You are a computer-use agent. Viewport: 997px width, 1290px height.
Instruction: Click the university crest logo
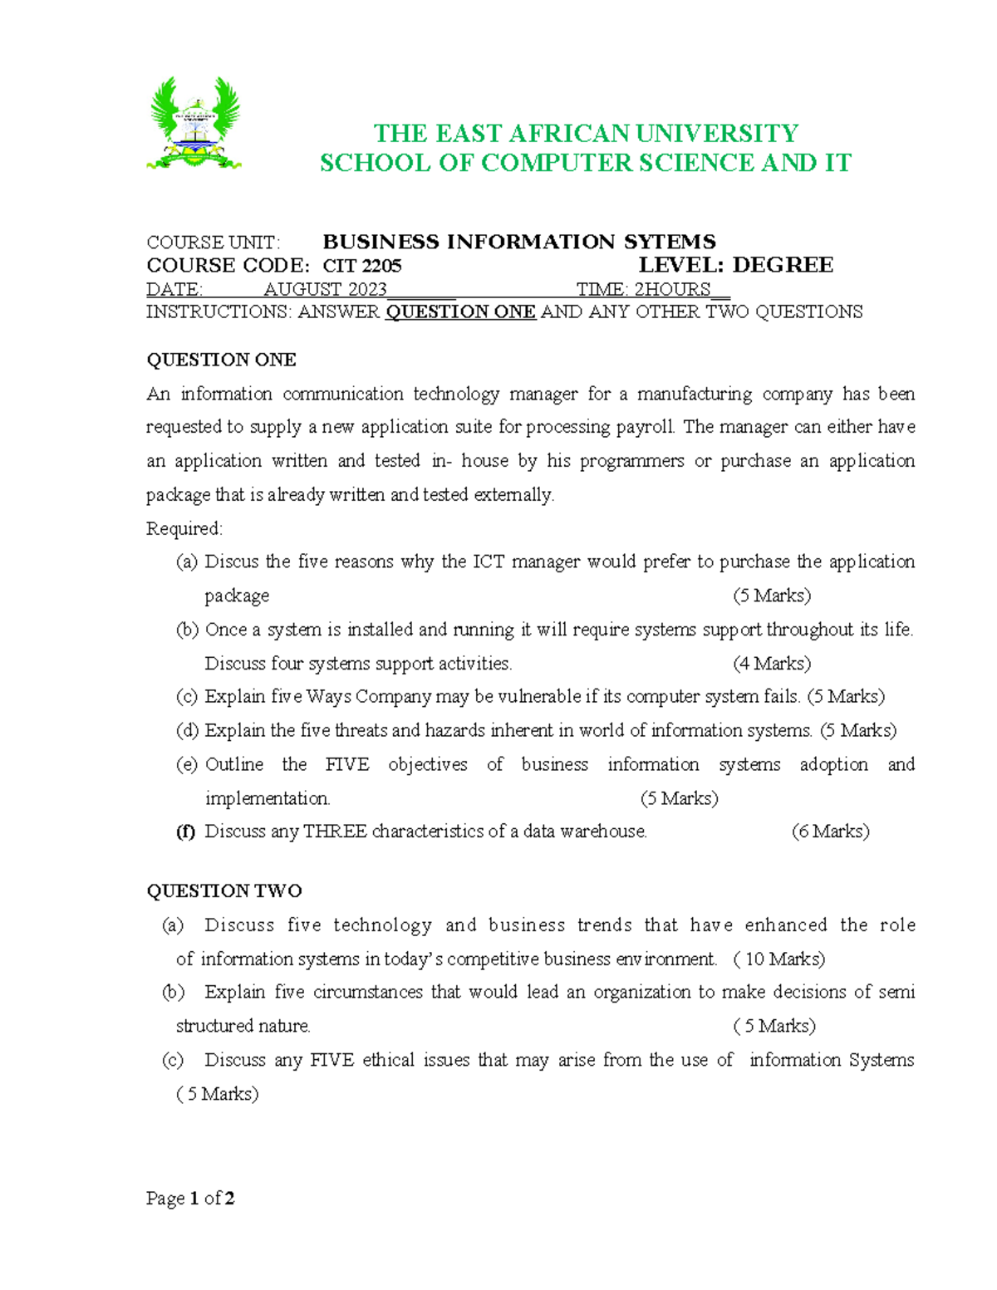pyautogui.click(x=194, y=124)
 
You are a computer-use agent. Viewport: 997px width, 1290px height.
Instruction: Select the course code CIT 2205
pyautogui.click(x=362, y=266)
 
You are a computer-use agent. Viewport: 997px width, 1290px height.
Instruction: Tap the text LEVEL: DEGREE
pyautogui.click(x=735, y=266)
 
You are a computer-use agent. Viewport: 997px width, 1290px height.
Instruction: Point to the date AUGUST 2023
pyautogui.click(x=325, y=289)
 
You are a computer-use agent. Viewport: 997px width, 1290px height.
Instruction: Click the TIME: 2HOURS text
pyautogui.click(x=644, y=289)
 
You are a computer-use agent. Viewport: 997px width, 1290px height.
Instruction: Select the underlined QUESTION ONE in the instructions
pyautogui.click(x=460, y=312)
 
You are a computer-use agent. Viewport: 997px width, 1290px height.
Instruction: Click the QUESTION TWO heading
pyautogui.click(x=224, y=891)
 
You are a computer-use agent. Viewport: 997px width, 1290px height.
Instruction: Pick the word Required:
pyautogui.click(x=184, y=529)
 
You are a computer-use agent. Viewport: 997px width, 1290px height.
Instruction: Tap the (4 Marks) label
pyautogui.click(x=772, y=664)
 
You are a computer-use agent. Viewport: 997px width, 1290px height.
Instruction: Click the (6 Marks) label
pyautogui.click(x=830, y=831)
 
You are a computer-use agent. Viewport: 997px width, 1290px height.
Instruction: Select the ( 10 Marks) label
pyautogui.click(x=779, y=959)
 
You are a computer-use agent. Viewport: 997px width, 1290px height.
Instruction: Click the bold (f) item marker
pyautogui.click(x=185, y=831)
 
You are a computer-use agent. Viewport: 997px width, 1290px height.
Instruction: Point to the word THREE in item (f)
pyautogui.click(x=335, y=831)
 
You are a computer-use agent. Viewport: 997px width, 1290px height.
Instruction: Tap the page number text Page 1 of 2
pyautogui.click(x=190, y=1198)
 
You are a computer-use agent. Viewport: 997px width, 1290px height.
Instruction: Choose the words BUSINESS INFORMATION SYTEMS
pyautogui.click(x=519, y=243)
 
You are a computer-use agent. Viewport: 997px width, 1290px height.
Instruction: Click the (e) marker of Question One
pyautogui.click(x=186, y=764)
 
